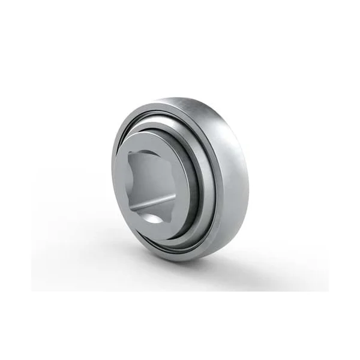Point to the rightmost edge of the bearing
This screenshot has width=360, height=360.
click(249, 180)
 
